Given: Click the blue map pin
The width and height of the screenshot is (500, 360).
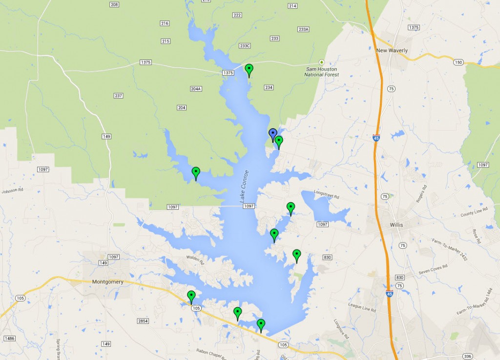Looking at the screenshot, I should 273,133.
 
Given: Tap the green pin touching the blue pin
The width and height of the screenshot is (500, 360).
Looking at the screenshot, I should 279,141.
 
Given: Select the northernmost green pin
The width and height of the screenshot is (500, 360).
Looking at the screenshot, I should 249,69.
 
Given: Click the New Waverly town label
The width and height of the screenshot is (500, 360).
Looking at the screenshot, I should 392,51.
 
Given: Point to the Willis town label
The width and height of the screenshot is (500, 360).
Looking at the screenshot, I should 397,226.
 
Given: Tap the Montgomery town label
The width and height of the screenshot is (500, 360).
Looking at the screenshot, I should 107,282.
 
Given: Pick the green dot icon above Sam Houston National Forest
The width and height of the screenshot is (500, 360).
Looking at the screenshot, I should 321,62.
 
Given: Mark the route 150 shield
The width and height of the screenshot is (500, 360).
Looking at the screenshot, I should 458,62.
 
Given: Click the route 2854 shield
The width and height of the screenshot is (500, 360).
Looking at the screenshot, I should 143,320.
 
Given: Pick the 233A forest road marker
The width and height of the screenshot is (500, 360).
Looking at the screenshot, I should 303,29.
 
